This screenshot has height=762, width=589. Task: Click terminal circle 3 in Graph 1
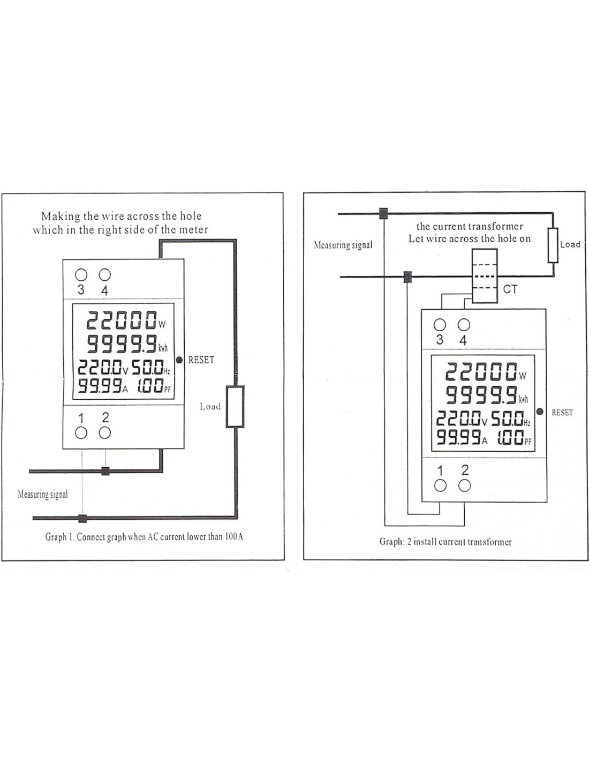[x=81, y=275]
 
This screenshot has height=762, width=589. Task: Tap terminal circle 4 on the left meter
[x=105, y=275]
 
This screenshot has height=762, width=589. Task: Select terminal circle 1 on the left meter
[x=81, y=432]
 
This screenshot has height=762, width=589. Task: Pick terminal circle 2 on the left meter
[x=105, y=432]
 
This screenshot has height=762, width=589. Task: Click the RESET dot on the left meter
[x=179, y=360]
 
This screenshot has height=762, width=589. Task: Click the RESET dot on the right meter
[x=540, y=412]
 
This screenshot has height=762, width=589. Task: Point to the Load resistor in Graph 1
[x=235, y=406]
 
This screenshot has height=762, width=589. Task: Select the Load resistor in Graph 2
[x=553, y=245]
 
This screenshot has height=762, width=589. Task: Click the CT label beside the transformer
[x=510, y=289]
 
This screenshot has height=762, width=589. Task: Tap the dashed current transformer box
[x=485, y=277]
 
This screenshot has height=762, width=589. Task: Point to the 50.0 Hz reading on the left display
[x=151, y=368]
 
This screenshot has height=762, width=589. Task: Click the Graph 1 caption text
[x=144, y=536]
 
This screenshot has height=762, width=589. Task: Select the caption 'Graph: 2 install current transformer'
[x=445, y=542]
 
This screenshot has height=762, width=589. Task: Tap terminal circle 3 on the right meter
[x=440, y=325]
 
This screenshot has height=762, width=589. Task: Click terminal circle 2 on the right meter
[x=465, y=485]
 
